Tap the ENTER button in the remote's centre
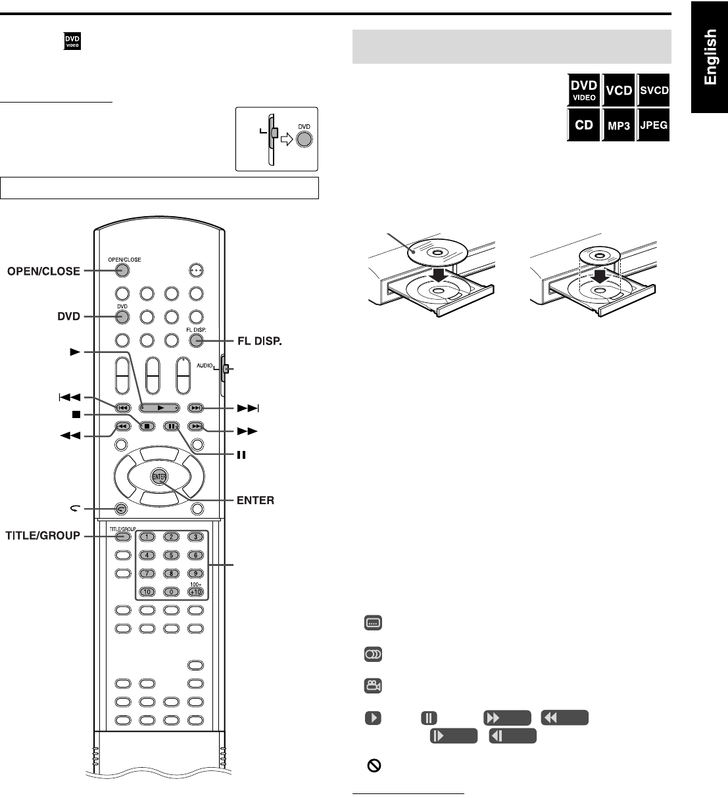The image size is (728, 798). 159,477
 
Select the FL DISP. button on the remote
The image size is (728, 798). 195,340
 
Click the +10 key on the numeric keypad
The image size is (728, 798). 195,592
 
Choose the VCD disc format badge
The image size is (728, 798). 619,91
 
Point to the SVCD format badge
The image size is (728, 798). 654,91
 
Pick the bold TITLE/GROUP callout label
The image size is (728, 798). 43,536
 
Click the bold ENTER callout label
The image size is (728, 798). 255,501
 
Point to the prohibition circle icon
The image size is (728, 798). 373,766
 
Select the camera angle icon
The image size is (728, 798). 373,686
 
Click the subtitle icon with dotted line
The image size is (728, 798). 373,622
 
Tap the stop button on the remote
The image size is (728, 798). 147,426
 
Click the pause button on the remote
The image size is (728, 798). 172,426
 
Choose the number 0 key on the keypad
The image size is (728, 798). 171,592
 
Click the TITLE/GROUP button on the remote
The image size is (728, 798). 122,536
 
